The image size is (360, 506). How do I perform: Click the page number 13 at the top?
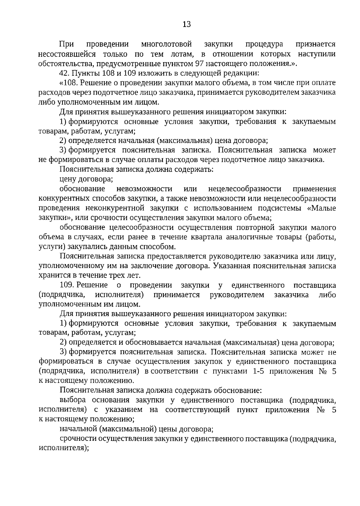(x=186, y=25)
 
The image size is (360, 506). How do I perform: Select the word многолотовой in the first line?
(x=166, y=44)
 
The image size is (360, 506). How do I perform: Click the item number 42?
(x=64, y=73)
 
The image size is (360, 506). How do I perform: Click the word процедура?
(x=264, y=44)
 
